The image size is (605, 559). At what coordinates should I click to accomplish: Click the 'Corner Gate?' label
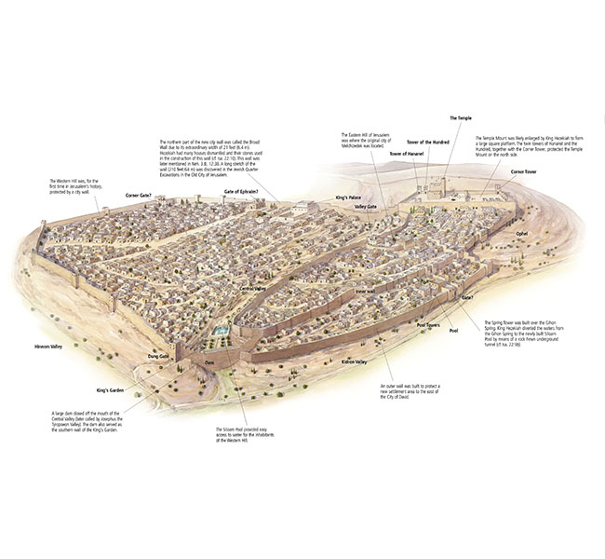click(x=132, y=196)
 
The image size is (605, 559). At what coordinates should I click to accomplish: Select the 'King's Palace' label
click(x=348, y=198)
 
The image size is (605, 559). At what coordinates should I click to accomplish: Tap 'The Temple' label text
click(x=462, y=118)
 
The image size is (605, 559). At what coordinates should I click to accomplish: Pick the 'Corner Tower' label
click(x=523, y=171)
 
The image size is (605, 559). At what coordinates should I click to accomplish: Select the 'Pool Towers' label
click(x=428, y=325)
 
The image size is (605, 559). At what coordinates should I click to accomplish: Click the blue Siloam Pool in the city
click(x=221, y=331)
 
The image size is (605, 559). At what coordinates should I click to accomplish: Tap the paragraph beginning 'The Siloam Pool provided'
click(x=243, y=435)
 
